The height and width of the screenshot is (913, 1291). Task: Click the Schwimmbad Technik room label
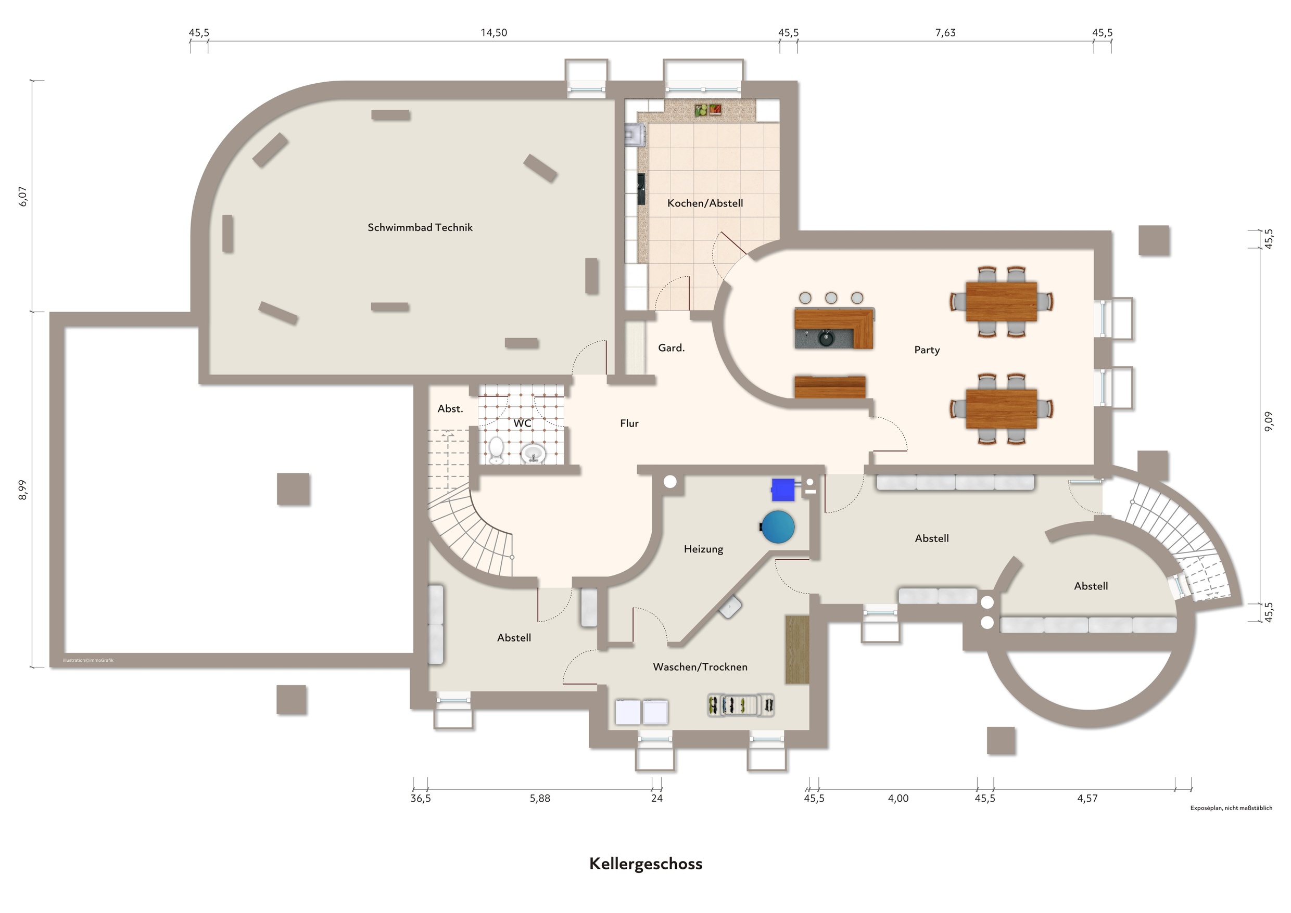point(420,228)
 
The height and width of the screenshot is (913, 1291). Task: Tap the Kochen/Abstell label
point(705,203)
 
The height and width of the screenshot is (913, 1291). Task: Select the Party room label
point(927,350)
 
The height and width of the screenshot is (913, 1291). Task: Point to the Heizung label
point(703,549)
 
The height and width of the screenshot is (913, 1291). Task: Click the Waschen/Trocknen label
point(700,667)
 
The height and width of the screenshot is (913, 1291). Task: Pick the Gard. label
point(671,348)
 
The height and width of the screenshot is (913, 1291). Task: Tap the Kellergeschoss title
point(646,864)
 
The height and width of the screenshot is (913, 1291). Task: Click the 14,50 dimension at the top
point(493,33)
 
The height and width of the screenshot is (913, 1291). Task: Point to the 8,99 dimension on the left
point(23,489)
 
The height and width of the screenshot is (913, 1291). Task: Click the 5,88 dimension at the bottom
point(539,799)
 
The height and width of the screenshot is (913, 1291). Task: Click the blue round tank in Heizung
point(777,527)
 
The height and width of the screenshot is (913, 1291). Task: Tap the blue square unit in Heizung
point(782,490)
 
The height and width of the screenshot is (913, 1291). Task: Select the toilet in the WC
point(496,451)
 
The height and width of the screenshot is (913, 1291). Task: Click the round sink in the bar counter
point(826,339)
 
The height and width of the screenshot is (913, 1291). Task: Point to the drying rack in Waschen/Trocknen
point(741,705)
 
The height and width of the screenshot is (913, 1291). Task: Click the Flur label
point(629,423)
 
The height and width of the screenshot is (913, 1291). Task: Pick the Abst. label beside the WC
point(450,409)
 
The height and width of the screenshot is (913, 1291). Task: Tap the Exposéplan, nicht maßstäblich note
point(1231,808)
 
